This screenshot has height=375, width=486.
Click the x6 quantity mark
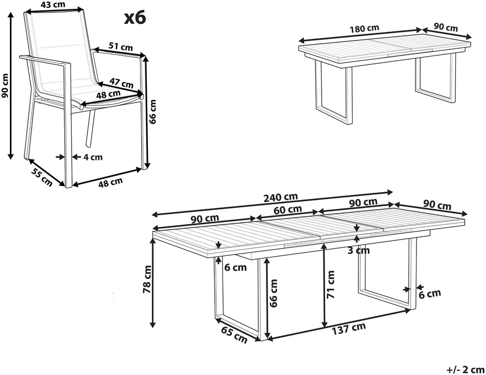135,18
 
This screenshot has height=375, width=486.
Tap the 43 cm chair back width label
53,4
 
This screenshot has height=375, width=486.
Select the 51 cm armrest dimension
120,46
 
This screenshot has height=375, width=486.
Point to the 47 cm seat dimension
122,83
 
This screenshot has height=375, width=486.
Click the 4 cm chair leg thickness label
93,157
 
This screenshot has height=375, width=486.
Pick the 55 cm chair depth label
42,178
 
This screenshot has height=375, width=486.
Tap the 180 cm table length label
364,29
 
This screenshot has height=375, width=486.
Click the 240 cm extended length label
281,197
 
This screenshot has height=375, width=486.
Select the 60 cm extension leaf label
288,210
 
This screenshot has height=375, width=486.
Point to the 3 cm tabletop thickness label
358,250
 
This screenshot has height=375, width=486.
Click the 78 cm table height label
147,279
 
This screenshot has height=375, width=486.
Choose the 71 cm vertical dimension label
331,285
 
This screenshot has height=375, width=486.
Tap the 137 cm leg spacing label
349,328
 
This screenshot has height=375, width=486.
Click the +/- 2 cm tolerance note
465,370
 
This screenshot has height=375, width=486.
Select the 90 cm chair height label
5,85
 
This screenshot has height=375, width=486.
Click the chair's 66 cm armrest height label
152,111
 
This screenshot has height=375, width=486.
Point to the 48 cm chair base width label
110,182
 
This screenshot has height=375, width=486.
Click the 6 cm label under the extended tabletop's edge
235,267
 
